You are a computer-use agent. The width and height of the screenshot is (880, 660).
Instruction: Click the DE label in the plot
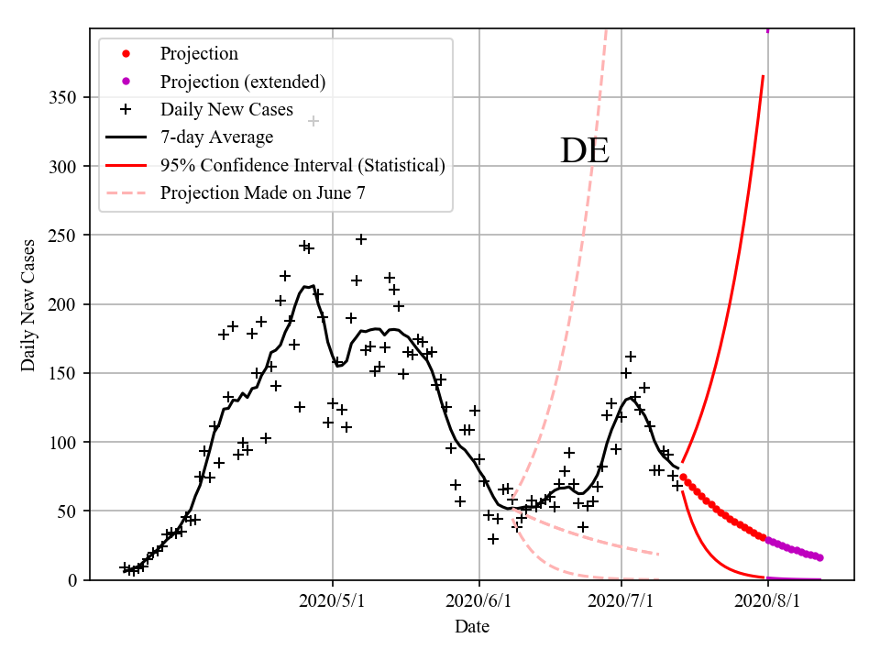tap(584, 150)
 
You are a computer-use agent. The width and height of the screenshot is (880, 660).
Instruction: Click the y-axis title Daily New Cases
tap(28, 304)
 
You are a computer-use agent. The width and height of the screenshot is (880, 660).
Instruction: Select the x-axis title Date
tap(472, 627)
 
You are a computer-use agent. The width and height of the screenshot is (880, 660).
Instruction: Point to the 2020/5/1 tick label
tap(333, 601)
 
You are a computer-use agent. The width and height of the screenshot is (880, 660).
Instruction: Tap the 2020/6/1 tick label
tap(478, 601)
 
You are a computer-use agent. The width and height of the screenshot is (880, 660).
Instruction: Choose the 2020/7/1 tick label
tap(621, 601)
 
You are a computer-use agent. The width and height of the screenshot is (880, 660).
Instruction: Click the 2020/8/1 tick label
tap(767, 601)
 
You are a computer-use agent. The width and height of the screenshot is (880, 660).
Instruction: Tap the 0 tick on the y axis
tap(72, 580)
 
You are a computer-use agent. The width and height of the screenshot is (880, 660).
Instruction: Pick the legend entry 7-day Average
tap(216, 137)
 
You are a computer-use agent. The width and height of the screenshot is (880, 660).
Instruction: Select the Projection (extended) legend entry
tap(243, 82)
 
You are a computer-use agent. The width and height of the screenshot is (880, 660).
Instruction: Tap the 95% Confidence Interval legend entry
tap(302, 166)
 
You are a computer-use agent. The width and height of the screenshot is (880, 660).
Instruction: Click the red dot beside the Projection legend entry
tap(126, 54)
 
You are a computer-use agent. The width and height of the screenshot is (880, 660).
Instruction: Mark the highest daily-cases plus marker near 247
tap(361, 239)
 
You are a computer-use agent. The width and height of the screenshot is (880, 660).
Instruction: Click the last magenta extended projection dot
tap(819, 557)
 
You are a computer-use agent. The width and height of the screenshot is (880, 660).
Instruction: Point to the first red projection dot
tap(683, 477)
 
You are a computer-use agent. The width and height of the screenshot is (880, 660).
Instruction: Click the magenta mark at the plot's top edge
tap(767, 30)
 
